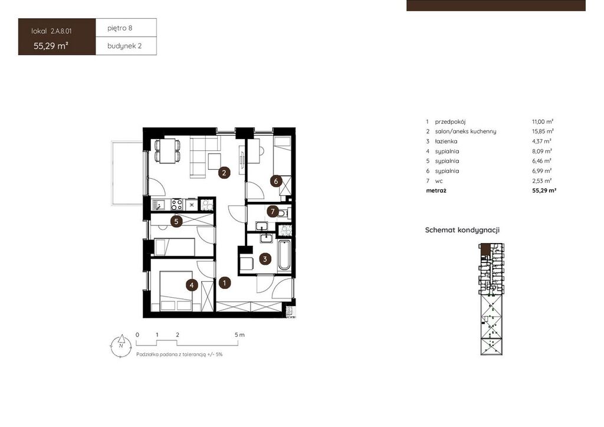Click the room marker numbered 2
pyautogui.click(x=224, y=173)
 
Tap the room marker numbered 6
pyautogui.click(x=276, y=180)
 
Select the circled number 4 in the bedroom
pyautogui.click(x=192, y=285)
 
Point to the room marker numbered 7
pyautogui.click(x=273, y=211)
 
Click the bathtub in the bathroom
pyautogui.click(x=284, y=255)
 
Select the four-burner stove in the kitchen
pyautogui.click(x=177, y=204)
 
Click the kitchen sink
pyautogui.click(x=159, y=204)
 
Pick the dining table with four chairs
pyautogui.click(x=168, y=150)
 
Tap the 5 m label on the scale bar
pyautogui.click(x=239, y=334)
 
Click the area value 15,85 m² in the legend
pyautogui.click(x=543, y=132)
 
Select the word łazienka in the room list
pyautogui.click(x=446, y=142)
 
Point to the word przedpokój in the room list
pyautogui.click(x=450, y=121)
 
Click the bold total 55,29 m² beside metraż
pyautogui.click(x=544, y=190)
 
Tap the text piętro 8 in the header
pyautogui.click(x=120, y=28)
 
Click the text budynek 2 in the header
pyautogui.click(x=124, y=46)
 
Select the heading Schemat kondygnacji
pyautogui.click(x=462, y=230)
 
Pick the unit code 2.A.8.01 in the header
pyautogui.click(x=61, y=31)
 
